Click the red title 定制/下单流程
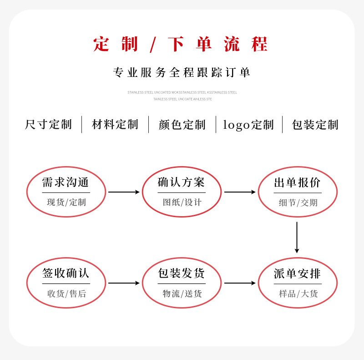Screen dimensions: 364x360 click(180, 44)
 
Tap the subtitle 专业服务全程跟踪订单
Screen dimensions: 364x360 click(182, 72)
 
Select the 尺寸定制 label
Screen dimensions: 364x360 click(48, 124)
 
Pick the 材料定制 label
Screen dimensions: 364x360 click(115, 124)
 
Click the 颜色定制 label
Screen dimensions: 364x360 click(182, 125)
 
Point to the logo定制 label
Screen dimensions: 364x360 click(248, 125)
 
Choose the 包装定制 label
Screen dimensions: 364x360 click(315, 125)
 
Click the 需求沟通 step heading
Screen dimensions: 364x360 click(66, 182)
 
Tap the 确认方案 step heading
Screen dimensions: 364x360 click(181, 182)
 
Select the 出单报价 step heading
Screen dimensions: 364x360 click(298, 183)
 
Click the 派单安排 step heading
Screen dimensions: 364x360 click(298, 274)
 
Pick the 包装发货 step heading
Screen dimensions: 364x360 click(181, 273)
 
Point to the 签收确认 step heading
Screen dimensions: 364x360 click(66, 273)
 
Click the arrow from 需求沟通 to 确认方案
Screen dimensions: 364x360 click(124, 192)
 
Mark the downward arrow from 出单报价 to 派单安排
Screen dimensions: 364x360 click(297, 238)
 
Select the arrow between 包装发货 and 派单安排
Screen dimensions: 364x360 click(240, 283)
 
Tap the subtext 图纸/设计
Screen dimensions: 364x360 click(182, 202)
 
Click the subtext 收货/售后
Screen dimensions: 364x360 click(66, 294)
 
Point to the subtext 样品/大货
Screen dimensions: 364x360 click(298, 294)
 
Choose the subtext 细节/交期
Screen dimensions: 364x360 click(298, 203)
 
